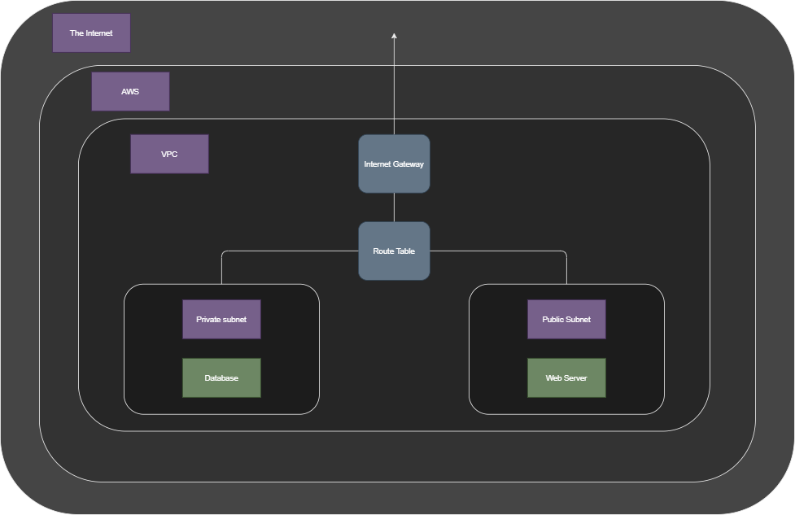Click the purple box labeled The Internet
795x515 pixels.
(91, 33)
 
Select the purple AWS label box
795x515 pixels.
(130, 91)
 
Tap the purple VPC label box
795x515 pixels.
(169, 154)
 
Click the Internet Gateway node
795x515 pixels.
(394, 164)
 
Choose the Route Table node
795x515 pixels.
(394, 251)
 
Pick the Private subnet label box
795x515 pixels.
(221, 320)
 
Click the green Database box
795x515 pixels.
(221, 378)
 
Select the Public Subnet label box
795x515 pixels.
(566, 320)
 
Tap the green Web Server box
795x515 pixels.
(566, 378)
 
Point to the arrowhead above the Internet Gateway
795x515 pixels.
(394, 37)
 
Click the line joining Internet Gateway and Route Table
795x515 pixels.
(394, 207)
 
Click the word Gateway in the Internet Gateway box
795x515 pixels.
(408, 164)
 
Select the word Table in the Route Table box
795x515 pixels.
(404, 251)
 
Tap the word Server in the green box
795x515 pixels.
(575, 378)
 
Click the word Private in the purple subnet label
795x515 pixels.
(209, 320)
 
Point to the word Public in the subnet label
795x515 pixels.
(553, 320)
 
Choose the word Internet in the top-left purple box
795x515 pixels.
(99, 33)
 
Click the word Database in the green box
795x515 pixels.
(221, 378)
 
